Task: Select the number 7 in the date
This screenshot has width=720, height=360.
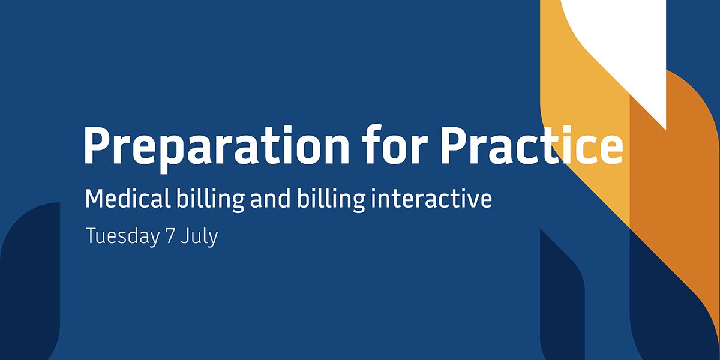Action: (x=170, y=236)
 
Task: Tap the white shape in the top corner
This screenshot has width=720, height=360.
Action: (x=624, y=36)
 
